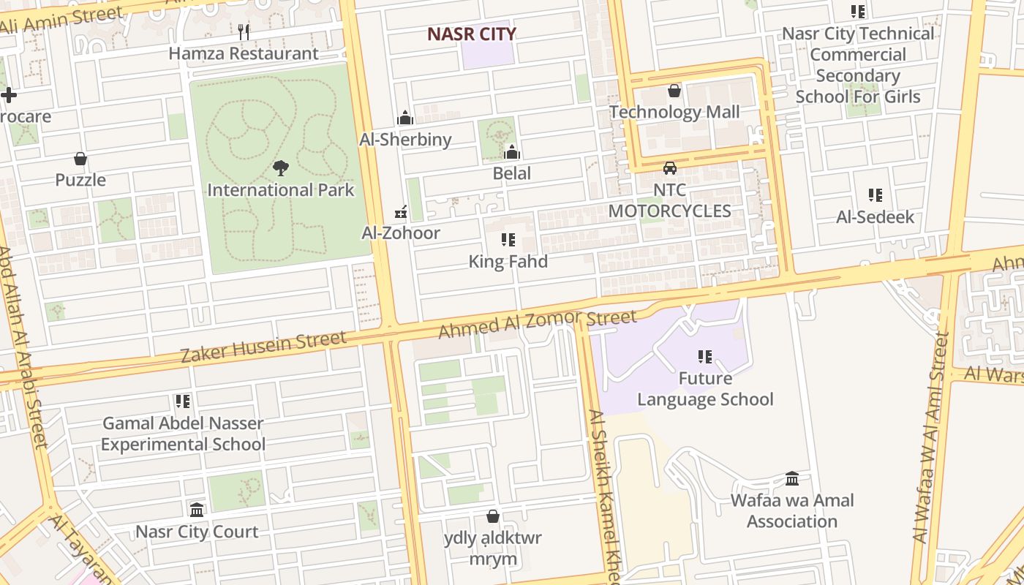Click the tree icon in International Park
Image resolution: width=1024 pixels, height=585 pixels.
point(280,169)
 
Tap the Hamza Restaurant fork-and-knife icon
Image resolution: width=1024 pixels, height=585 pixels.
point(244,32)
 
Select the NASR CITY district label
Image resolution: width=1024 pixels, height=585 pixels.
point(472,34)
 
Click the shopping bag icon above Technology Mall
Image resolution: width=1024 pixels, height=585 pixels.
point(674,91)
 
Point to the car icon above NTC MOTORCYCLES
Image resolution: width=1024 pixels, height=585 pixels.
point(669,169)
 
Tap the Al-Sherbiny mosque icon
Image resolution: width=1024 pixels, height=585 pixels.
point(405,118)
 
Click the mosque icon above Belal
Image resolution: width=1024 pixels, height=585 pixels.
point(512,152)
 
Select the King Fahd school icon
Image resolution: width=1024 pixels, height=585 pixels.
point(508,240)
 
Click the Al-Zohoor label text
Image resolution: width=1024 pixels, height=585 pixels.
point(401,233)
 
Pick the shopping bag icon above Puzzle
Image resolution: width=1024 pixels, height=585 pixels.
point(80,159)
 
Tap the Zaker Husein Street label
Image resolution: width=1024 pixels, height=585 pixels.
point(263,348)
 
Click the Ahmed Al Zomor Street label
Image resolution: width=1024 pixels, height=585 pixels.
point(538,323)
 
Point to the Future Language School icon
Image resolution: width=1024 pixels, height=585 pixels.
point(705,357)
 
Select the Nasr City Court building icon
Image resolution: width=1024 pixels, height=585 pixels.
point(197,510)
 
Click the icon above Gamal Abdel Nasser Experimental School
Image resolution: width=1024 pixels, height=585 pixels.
point(183,401)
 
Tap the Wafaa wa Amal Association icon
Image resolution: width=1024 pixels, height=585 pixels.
point(792,479)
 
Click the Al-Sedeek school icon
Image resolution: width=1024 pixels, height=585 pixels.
point(876,195)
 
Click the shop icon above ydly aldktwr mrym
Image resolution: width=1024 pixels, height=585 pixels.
point(493,516)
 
